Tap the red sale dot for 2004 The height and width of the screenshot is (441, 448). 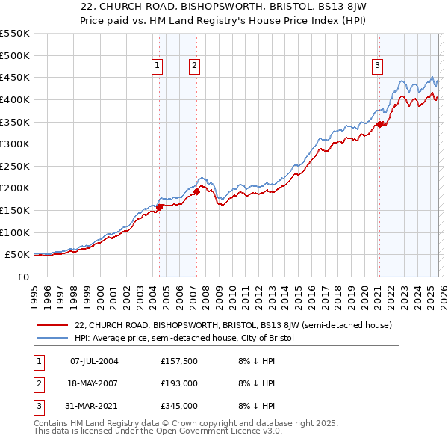159,207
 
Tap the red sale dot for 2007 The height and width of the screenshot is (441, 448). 196,191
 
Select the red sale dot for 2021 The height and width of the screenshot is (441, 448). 379,124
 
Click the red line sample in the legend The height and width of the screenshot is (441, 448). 53,325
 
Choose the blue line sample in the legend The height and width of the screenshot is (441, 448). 53,339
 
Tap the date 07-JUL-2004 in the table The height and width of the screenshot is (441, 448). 94,361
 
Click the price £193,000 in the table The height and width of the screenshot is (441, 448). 179,383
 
